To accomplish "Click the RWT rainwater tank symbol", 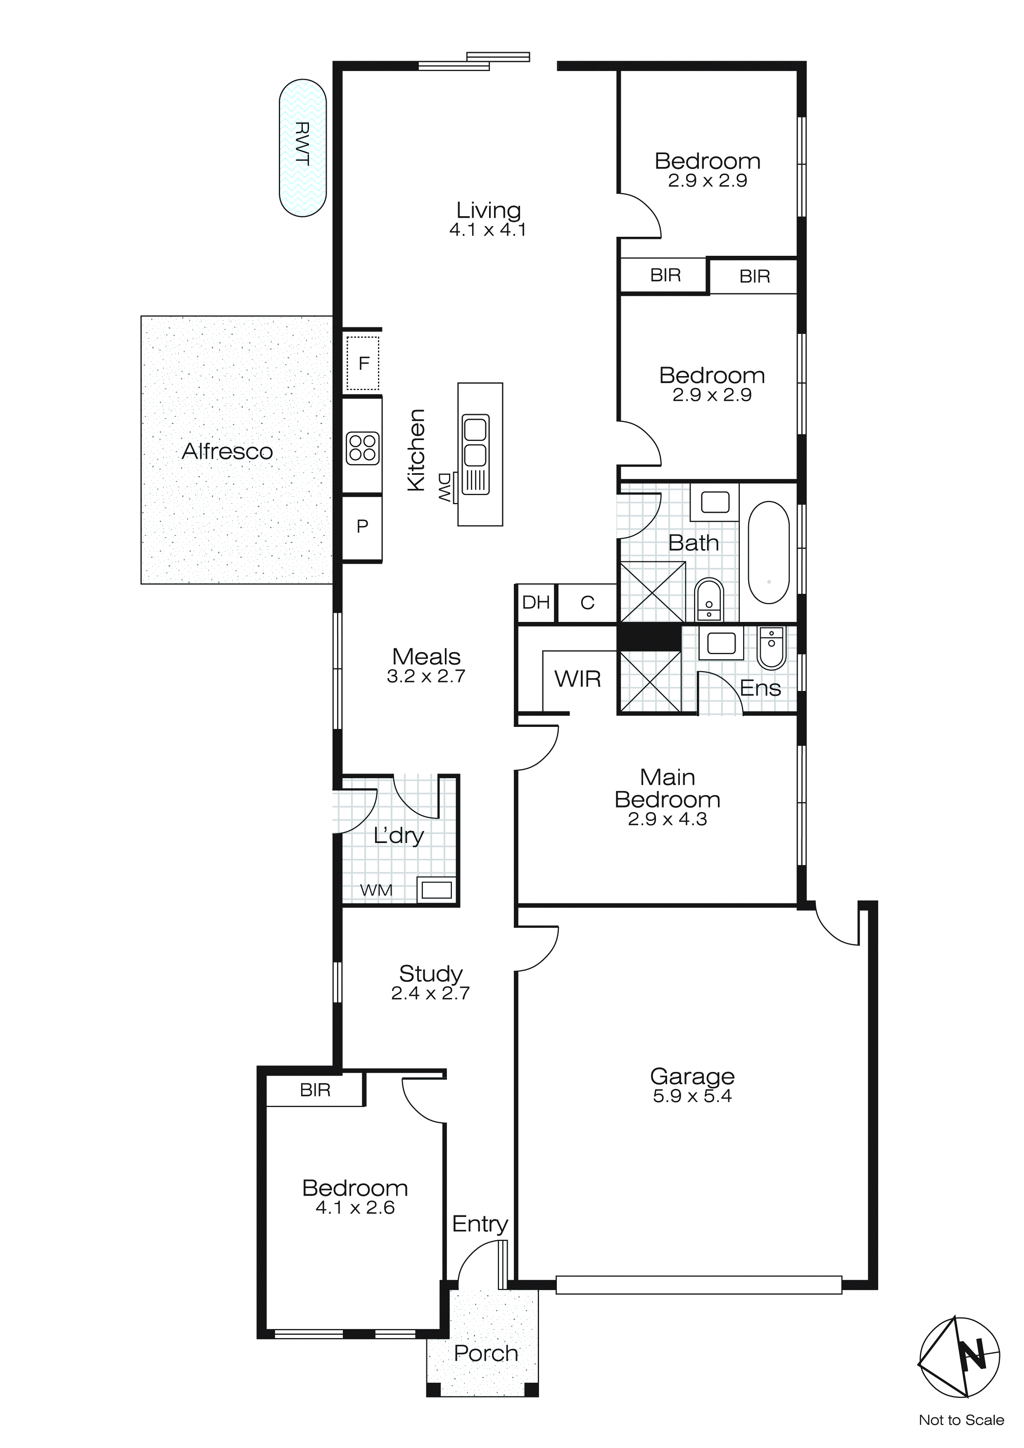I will click(x=303, y=148).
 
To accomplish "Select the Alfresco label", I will click(x=227, y=452).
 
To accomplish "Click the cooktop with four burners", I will click(x=363, y=448).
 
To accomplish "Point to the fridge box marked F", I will click(x=363, y=363).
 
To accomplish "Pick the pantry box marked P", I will click(x=362, y=526).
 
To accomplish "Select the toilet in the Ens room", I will click(x=770, y=648).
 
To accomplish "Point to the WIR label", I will click(x=577, y=679).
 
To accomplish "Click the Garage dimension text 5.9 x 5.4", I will click(x=692, y=1096).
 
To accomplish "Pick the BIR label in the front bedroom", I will click(x=315, y=1090).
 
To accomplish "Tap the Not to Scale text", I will click(x=961, y=1420).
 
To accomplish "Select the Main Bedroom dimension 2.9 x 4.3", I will click(x=667, y=819).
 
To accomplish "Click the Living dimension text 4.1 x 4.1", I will click(x=487, y=230).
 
